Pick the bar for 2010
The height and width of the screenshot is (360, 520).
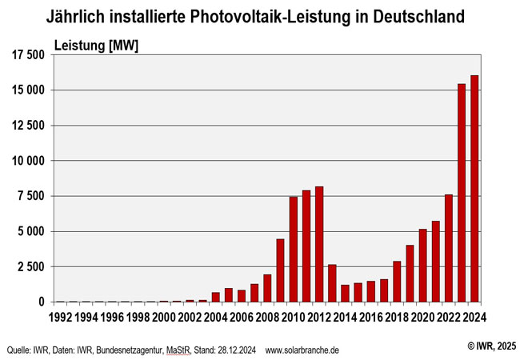pyautogui.click(x=294, y=249)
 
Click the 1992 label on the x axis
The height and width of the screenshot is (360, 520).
pyautogui.click(x=61, y=316)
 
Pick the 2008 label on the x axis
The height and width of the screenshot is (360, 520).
pyautogui.click(x=267, y=316)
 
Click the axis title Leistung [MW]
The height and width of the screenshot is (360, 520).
pyautogui.click(x=95, y=46)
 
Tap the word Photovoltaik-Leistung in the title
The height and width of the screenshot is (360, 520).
pyautogui.click(x=243, y=16)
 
